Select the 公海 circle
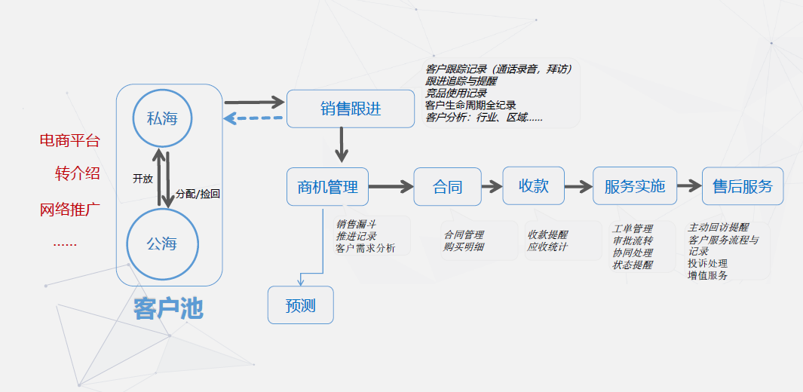pyautogui.click(x=162, y=243)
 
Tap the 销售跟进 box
pyautogui.click(x=351, y=109)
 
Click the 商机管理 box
pyautogui.click(x=327, y=186)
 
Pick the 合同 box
pyautogui.click(x=447, y=186)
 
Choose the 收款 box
pyautogui.click(x=534, y=185)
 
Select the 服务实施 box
pyautogui.click(x=635, y=186)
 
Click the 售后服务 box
pyautogui.click(x=743, y=186)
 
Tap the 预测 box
pyautogui.click(x=300, y=306)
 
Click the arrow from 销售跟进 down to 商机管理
pyautogui.click(x=342, y=144)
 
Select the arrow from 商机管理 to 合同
pyautogui.click(x=391, y=186)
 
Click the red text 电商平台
pyautogui.click(x=69, y=141)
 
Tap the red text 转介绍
pyautogui.click(x=77, y=173)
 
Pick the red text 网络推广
pyautogui.click(x=69, y=209)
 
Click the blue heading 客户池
pyautogui.click(x=168, y=308)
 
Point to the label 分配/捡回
pyautogui.click(x=198, y=194)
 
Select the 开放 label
pyautogui.click(x=143, y=179)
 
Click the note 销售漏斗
pyautogui.click(x=357, y=224)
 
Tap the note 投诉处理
pyautogui.click(x=707, y=263)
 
